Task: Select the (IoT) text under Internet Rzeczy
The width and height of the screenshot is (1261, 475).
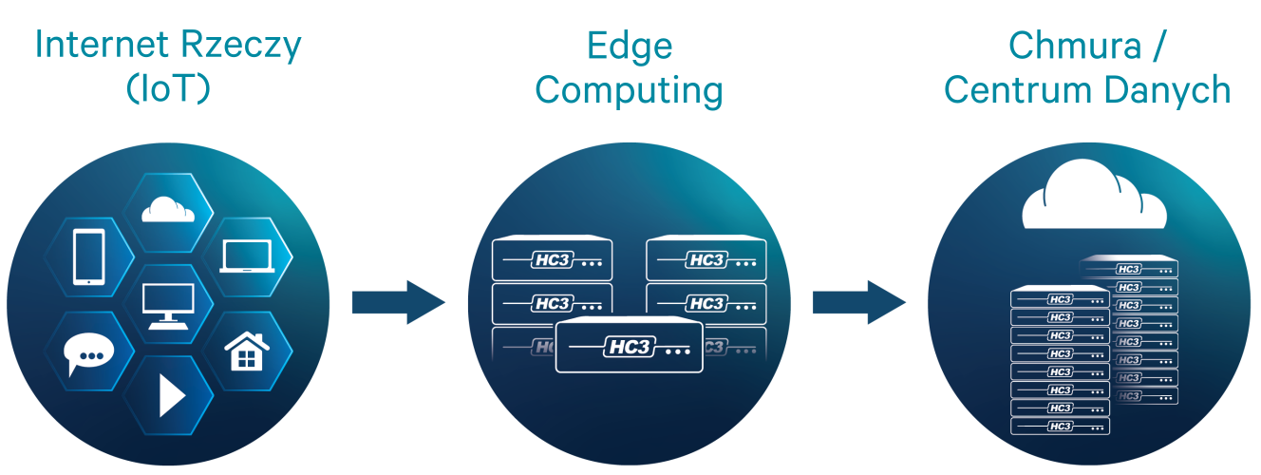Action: coord(167,90)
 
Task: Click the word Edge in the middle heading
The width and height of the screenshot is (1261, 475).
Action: coord(630,45)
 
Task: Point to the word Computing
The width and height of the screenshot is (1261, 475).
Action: coord(630,91)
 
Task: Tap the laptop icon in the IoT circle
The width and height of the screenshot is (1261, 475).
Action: coord(246,256)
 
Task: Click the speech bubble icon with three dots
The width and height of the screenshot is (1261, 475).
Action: coord(89,355)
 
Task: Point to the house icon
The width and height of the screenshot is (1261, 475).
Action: coord(245,352)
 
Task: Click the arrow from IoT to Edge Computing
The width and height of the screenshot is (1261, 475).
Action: coord(398,302)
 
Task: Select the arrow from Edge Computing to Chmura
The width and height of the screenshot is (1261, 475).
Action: coord(858,302)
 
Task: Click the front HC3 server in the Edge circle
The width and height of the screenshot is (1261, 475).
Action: coord(630,347)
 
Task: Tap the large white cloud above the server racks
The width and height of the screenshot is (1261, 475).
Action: coord(1094,201)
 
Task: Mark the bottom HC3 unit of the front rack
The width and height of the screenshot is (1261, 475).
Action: coord(1061,426)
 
